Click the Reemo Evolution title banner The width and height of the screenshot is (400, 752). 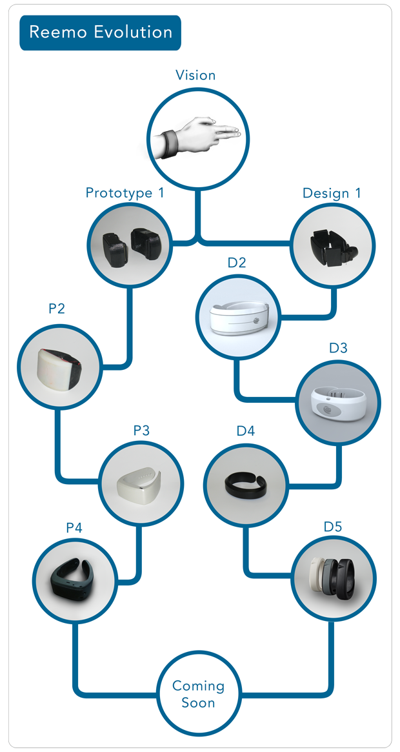point(101,32)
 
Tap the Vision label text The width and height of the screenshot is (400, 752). point(195,75)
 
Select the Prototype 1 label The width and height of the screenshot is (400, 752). point(125,192)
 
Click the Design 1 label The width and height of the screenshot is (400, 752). point(332,192)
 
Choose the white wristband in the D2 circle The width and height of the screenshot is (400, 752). point(237,318)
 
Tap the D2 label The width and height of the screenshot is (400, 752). point(237,263)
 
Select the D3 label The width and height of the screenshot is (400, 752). point(338,348)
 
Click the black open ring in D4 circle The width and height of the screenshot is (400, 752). point(245,483)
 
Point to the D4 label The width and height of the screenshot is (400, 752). point(245,431)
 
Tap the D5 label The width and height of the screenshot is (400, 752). point(332,527)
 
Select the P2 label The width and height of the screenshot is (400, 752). point(57,309)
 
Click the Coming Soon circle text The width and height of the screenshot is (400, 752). point(198,693)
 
